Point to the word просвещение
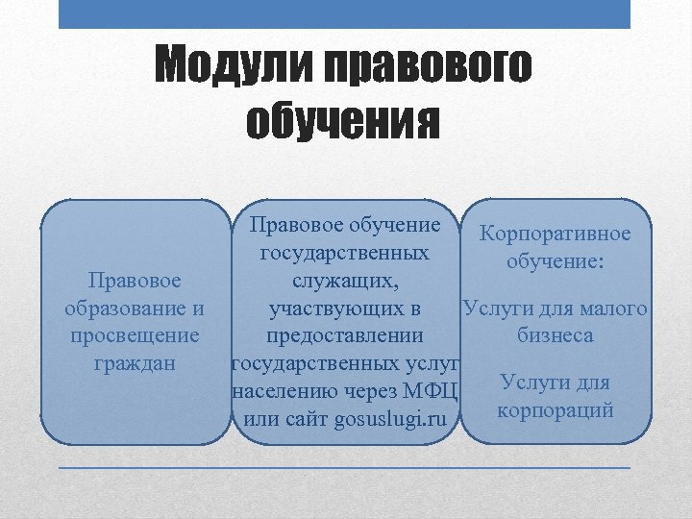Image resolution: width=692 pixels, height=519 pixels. click(135, 335)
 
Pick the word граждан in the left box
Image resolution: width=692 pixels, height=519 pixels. click(135, 363)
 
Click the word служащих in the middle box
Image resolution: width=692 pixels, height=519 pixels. click(343, 281)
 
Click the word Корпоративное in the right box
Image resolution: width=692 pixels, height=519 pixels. click(555, 235)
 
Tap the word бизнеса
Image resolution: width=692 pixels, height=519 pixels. click(555, 336)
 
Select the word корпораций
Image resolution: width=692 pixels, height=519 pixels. click(555, 410)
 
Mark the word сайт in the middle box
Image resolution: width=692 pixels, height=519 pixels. click(297, 419)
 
